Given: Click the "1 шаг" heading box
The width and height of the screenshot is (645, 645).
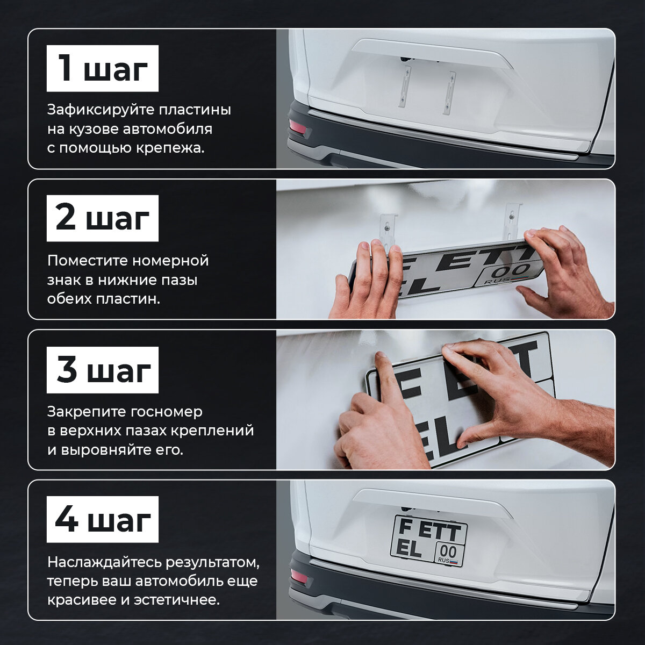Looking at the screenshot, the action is [103, 68].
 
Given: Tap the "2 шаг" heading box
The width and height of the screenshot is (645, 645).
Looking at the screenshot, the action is [103, 218].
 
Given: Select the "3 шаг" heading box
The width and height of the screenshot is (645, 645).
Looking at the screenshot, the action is [103, 370].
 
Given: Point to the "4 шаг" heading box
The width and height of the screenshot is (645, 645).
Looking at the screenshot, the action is [103, 519].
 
